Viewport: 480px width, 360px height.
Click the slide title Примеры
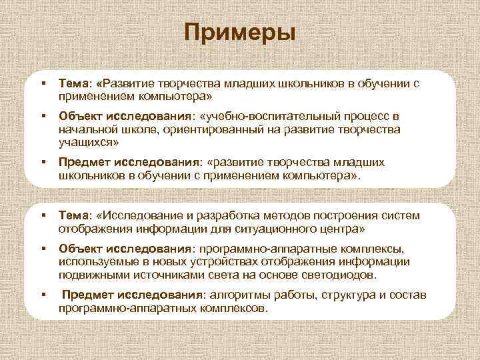tap(240, 31)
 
